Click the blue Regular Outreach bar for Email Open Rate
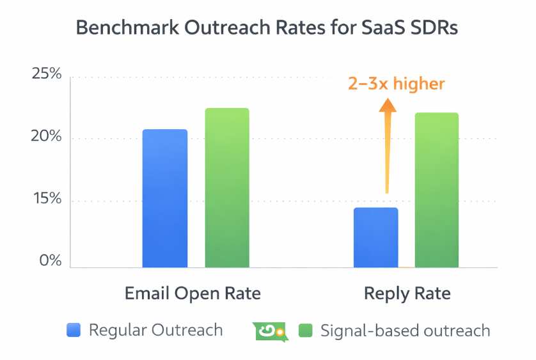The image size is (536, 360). pos(164,198)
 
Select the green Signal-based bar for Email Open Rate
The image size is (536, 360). pos(227,188)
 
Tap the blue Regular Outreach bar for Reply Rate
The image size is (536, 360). pos(375,237)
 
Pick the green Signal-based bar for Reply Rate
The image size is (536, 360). pos(437,190)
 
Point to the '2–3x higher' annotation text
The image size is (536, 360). pos(396,84)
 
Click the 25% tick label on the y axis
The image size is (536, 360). pos(47,74)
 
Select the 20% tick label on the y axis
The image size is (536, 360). pos(47,137)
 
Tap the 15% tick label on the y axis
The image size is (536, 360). pos(47,200)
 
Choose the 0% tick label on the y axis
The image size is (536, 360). pos(49,262)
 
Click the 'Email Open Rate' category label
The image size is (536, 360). pos(193,293)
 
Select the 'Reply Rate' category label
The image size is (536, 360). pos(407,293)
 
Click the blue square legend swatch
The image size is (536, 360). pos(74,331)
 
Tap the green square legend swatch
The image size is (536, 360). pos(306,331)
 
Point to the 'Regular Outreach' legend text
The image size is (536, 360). pos(155,331)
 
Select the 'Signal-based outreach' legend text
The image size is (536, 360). pos(405,331)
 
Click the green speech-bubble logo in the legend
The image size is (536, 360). pos(271,331)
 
